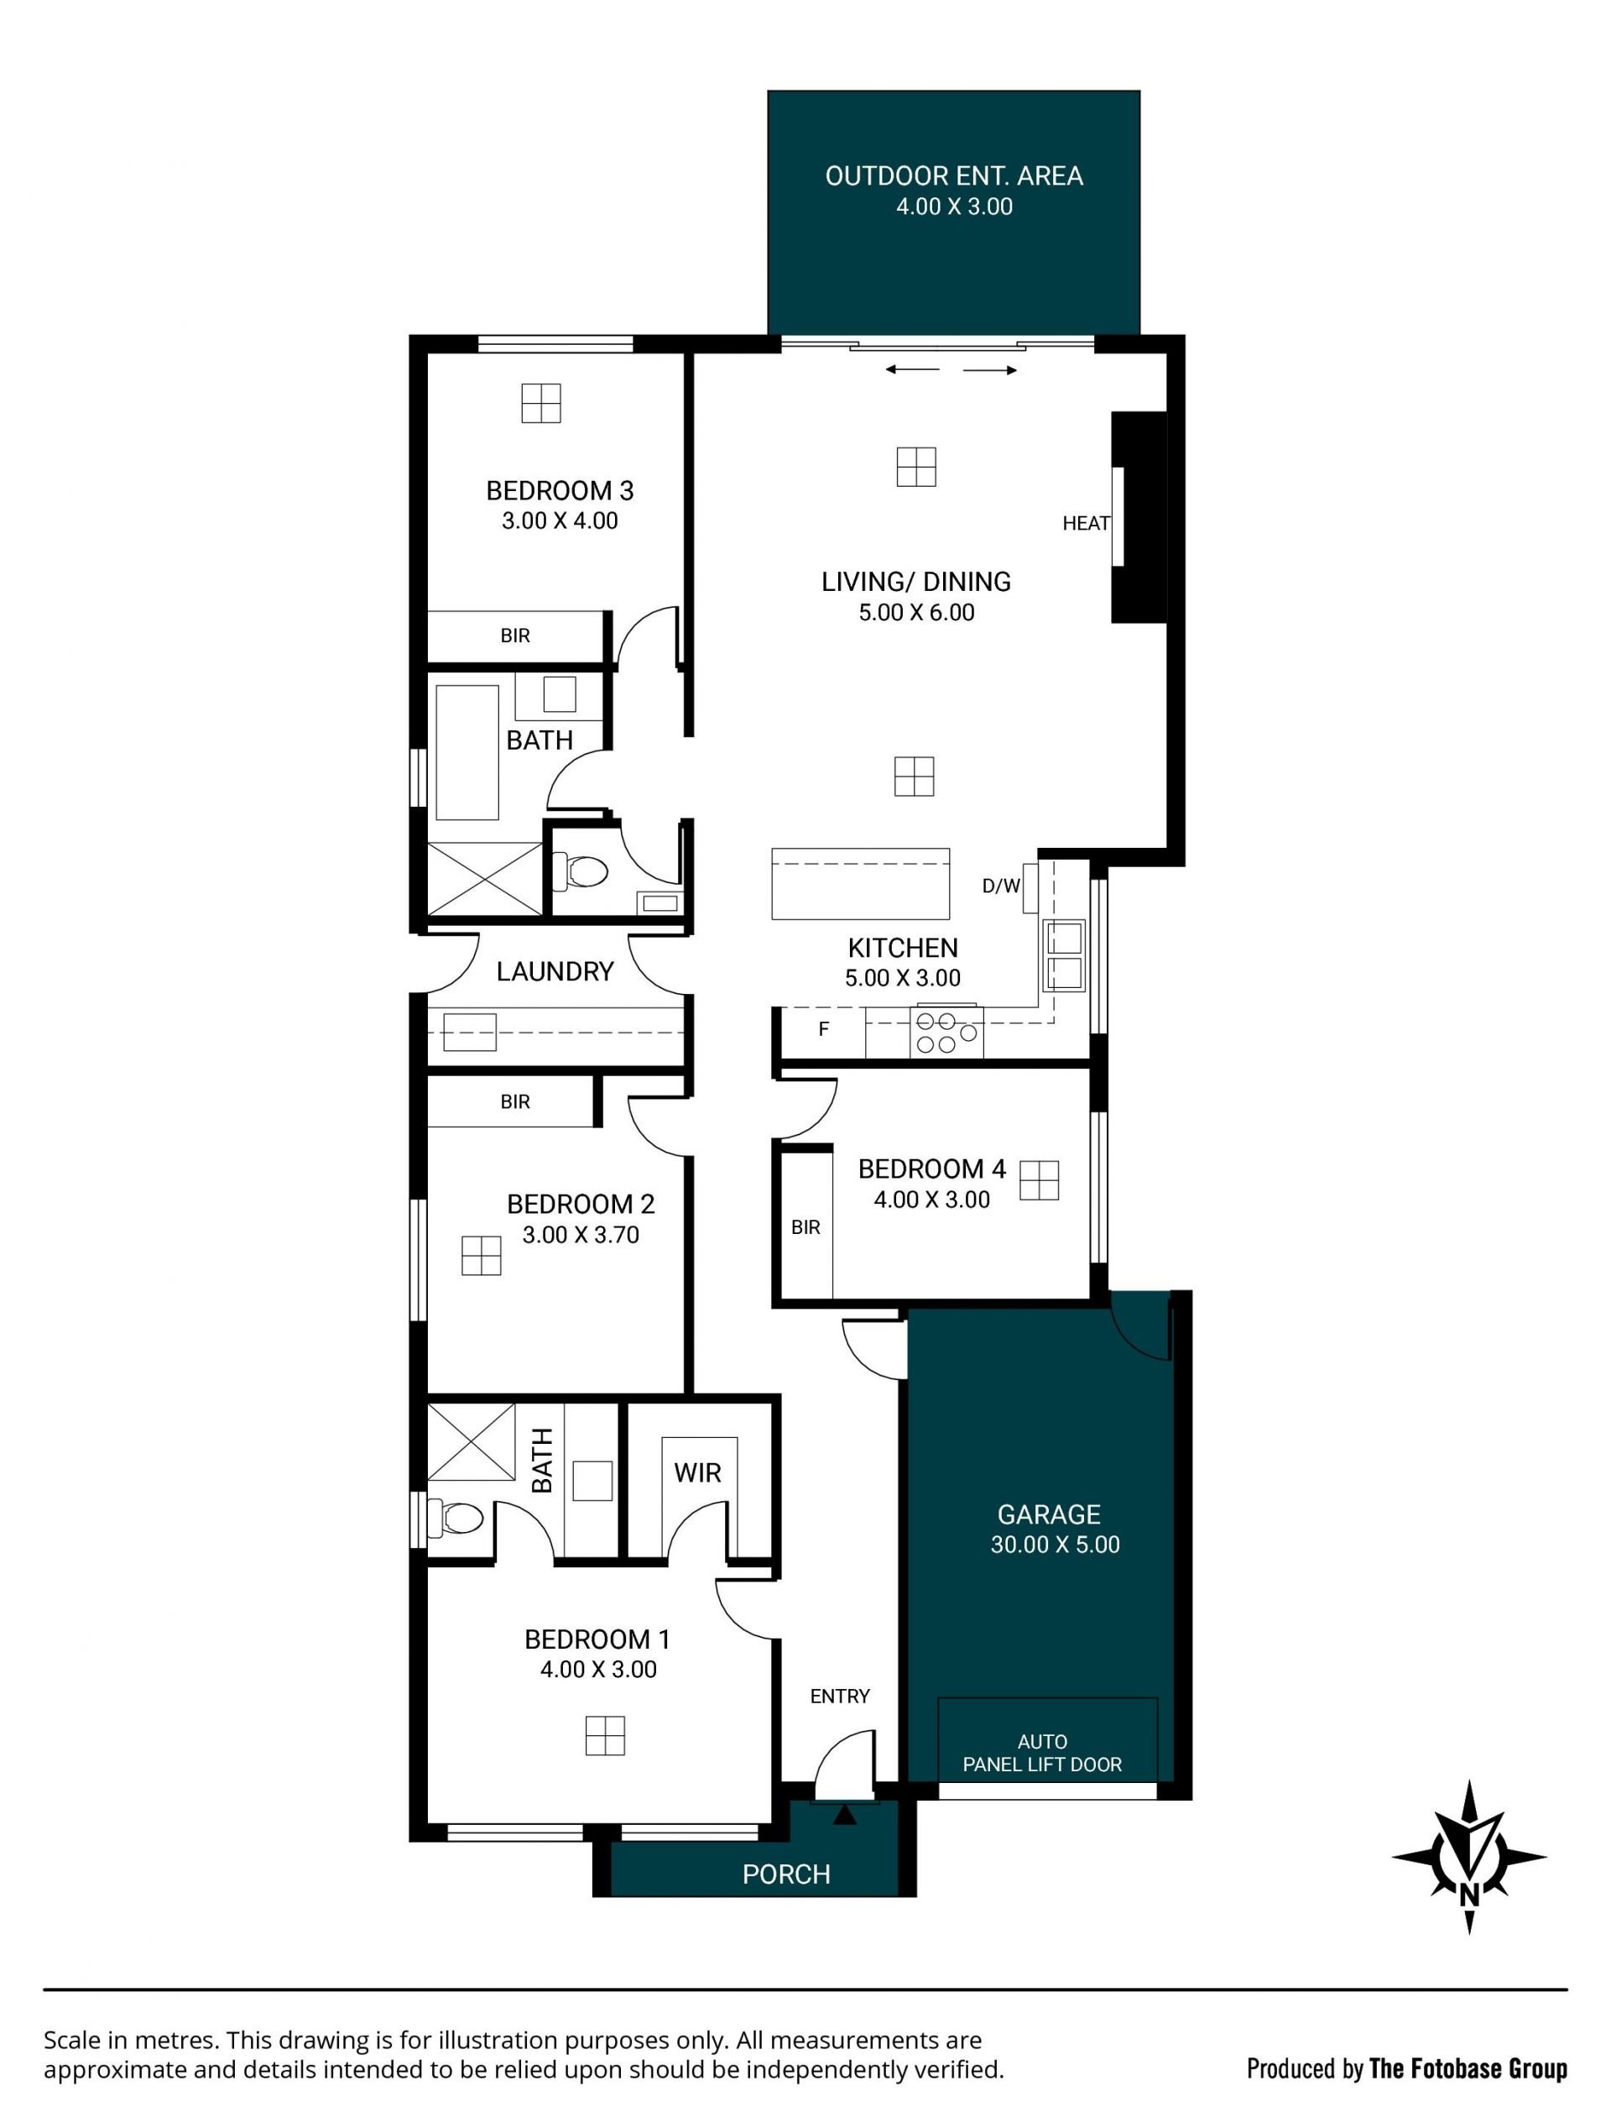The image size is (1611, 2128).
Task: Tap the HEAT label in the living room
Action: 1086,523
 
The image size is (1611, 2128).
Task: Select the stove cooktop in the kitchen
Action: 946,1032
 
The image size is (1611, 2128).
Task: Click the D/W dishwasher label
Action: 1000,886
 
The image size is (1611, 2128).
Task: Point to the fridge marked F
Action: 823,1030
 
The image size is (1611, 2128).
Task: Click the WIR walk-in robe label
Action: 697,1473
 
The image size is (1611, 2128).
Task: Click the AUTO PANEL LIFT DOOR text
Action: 1043,1753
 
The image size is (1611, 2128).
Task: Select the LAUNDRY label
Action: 555,971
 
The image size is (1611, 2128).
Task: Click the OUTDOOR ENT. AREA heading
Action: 954,176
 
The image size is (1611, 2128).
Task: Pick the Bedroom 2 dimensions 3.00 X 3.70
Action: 581,1234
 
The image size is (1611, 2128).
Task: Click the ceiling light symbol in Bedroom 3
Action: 540,402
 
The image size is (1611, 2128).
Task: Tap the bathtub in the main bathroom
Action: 467,752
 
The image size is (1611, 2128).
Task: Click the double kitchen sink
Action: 1065,955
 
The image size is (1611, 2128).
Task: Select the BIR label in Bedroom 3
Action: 514,636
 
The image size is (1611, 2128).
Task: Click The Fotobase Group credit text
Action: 1468,2068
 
